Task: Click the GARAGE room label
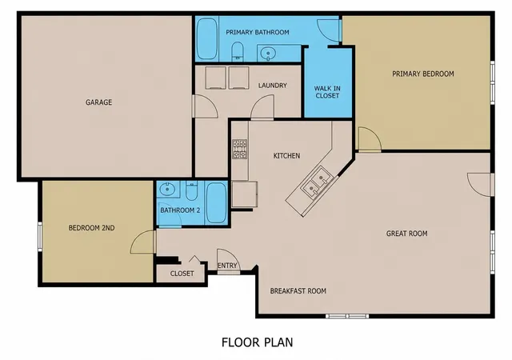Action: (x=98, y=102)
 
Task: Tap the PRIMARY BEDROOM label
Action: (x=423, y=74)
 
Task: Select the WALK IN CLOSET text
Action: (x=327, y=92)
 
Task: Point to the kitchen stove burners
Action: (x=240, y=149)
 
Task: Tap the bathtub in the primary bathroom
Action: (x=206, y=38)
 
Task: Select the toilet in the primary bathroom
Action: (x=238, y=52)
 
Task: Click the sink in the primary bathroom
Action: (x=269, y=54)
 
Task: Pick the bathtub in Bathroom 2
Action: (x=216, y=202)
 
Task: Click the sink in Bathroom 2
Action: (x=167, y=190)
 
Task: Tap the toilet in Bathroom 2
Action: (x=192, y=191)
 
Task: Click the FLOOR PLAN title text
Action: (x=258, y=342)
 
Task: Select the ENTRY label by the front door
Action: (x=227, y=266)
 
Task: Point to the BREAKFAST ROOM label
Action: (x=298, y=290)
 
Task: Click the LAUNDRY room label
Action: (x=272, y=86)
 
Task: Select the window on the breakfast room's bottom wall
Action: (x=347, y=316)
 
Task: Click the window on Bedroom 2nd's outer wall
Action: (x=40, y=237)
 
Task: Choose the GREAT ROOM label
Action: (x=407, y=234)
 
